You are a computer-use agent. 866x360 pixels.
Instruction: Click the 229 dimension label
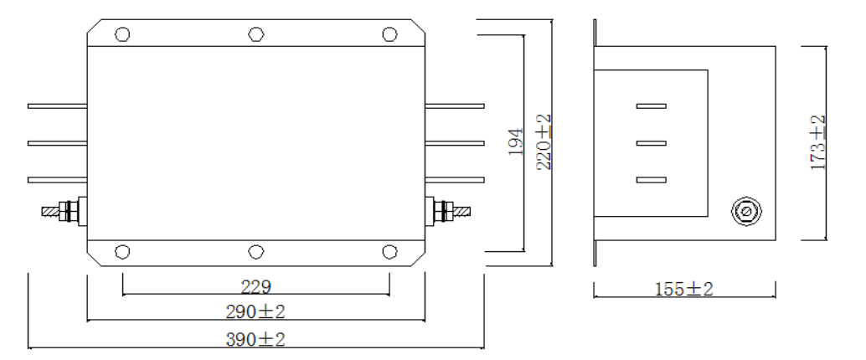pyautogui.click(x=255, y=287)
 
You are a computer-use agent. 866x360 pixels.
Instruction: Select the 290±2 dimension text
pyautogui.click(x=255, y=312)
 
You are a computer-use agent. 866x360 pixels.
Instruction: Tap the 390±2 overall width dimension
pyautogui.click(x=255, y=340)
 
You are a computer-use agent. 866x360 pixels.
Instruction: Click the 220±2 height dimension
pyautogui.click(x=544, y=143)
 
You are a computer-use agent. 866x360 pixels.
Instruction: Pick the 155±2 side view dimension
pyautogui.click(x=683, y=290)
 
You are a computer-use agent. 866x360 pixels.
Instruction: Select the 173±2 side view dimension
pyautogui.click(x=818, y=143)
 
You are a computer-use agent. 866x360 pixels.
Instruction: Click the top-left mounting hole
pyautogui.click(x=122, y=34)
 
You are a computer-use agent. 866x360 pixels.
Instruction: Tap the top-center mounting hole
pyautogui.click(x=255, y=34)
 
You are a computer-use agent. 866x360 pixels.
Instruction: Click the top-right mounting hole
pyautogui.click(x=389, y=34)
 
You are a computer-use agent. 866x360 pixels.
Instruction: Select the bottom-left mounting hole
pyautogui.click(x=122, y=252)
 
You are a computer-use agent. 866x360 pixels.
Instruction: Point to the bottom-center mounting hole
pyautogui.click(x=255, y=252)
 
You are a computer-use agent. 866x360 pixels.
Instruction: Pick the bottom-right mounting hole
pyautogui.click(x=389, y=252)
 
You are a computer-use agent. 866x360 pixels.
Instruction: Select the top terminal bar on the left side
pyautogui.click(x=57, y=106)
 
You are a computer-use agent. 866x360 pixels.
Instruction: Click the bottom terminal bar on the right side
pyautogui.click(x=455, y=179)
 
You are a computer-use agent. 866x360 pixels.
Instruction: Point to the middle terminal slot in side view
pyautogui.click(x=651, y=143)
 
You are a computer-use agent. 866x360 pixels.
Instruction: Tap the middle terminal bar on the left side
pyautogui.click(x=57, y=143)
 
